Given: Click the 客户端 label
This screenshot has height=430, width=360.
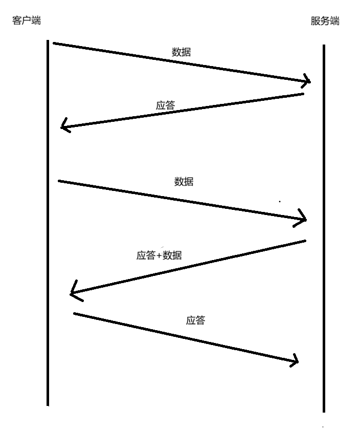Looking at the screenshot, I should click(26, 20).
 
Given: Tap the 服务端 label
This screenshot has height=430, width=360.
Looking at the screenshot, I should click(325, 21).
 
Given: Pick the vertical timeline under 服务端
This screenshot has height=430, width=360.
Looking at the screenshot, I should click(324, 230).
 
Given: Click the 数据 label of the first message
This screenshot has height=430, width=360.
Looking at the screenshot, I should click(182, 52).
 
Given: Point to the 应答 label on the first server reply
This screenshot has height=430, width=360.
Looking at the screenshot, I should click(165, 105).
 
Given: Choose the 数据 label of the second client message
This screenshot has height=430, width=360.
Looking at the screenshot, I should click(184, 181).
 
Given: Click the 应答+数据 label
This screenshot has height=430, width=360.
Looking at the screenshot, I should click(159, 255).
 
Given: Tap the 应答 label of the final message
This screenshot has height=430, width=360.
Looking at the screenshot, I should click(195, 320).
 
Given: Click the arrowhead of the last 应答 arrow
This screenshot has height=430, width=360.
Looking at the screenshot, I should click(296, 361).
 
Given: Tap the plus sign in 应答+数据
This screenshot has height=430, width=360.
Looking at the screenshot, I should click(159, 255).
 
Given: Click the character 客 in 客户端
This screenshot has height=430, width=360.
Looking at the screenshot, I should click(16, 20).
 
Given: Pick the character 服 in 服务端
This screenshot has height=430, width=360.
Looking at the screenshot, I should click(315, 21).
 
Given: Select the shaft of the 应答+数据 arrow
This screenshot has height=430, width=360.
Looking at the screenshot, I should click(189, 267).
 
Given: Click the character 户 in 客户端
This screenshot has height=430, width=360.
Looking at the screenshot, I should click(26, 20).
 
